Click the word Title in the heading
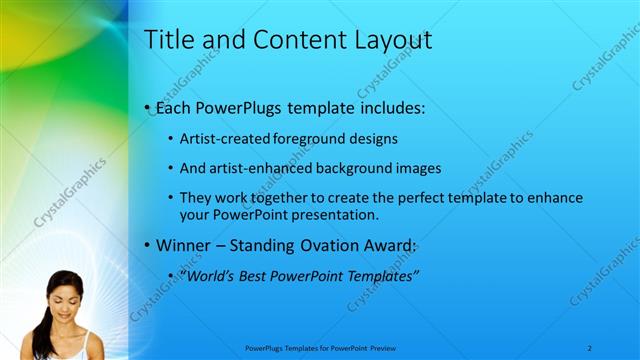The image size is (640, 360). (x=167, y=40)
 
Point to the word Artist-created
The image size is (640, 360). (x=221, y=139)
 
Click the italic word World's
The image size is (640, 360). (x=208, y=275)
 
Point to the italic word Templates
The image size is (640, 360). (x=382, y=275)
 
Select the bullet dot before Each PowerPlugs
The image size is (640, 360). (x=148, y=107)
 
